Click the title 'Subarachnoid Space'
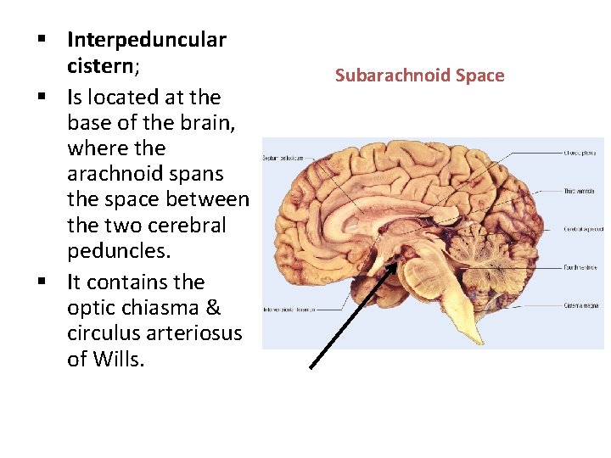(419, 75)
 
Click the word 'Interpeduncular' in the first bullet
(146, 40)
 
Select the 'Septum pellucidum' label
(283, 159)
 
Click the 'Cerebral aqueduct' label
(583, 229)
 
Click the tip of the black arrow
(396, 262)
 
